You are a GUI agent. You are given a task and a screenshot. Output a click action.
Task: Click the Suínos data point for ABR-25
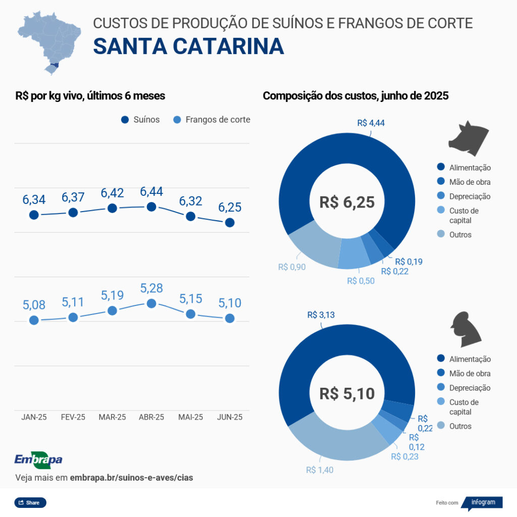pos(151,206)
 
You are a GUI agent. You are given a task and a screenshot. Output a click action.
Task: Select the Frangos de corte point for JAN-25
pos(34,320)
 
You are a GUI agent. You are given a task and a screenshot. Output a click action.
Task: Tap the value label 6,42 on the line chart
pos(112,193)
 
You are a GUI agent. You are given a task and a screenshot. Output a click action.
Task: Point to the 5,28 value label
pos(151,288)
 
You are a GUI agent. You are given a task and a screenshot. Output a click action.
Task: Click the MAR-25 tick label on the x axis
pos(112,417)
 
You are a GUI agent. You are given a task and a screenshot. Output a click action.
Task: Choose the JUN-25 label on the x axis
pos(230,417)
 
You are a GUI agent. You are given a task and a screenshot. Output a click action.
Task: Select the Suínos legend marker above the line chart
pos(125,120)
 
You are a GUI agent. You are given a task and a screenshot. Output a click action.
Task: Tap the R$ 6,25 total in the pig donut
pos(347,202)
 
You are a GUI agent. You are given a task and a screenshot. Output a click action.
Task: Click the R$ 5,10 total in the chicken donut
pos(347,393)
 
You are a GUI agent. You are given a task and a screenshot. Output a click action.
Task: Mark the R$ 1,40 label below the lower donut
pos(320,470)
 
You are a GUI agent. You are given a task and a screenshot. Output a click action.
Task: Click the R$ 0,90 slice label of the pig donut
pos(292,267)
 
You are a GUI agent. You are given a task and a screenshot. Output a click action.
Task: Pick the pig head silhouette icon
pos(469,136)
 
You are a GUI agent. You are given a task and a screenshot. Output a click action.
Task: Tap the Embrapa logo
pos(38,459)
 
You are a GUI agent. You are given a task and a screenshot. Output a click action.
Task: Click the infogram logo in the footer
pos(483,502)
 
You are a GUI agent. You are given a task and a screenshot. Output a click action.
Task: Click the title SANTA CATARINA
pos(188,46)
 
